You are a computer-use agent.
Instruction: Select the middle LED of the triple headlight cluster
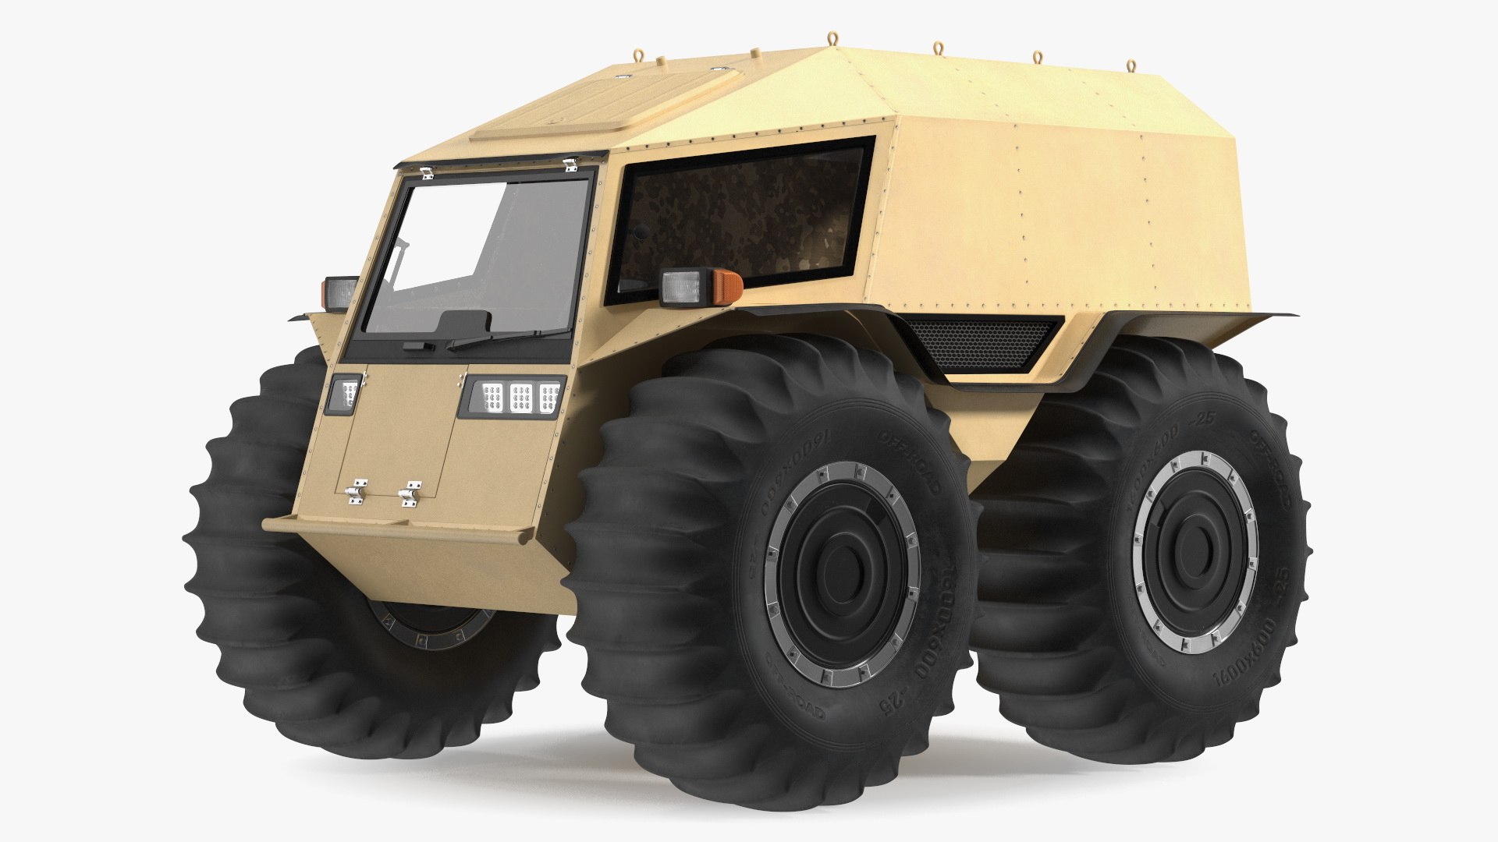pyautogui.click(x=520, y=398)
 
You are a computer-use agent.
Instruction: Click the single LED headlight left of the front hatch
pyautogui.click(x=344, y=391)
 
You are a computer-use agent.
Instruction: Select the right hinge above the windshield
pyautogui.click(x=571, y=165)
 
